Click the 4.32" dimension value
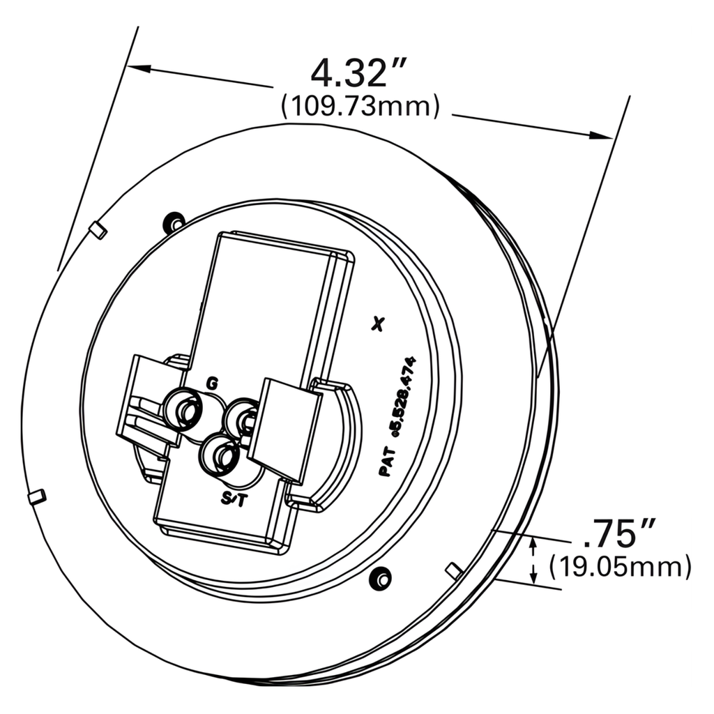click(x=358, y=73)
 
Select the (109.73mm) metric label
click(x=360, y=107)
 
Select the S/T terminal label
click(x=233, y=499)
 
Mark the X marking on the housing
click(x=379, y=323)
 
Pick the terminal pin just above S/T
click(x=220, y=455)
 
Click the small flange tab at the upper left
click(x=99, y=231)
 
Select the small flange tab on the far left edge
click(x=36, y=496)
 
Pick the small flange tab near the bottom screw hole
click(x=454, y=571)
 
